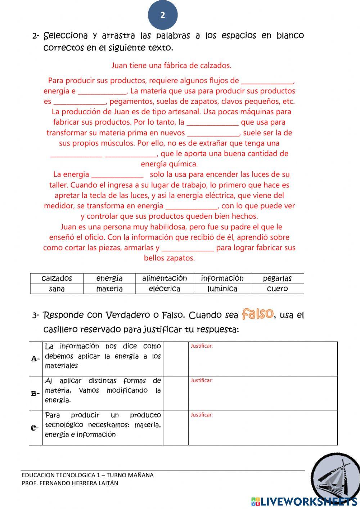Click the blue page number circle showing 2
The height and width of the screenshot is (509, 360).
click(x=163, y=15)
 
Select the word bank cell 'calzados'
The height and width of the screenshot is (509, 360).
click(x=57, y=278)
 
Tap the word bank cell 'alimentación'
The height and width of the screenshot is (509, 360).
click(x=165, y=278)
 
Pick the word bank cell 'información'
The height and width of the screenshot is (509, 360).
click(x=222, y=278)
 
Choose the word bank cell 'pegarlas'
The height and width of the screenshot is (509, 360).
click(x=277, y=278)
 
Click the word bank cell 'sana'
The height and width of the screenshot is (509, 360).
click(x=57, y=289)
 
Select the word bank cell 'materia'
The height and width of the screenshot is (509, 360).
click(x=109, y=289)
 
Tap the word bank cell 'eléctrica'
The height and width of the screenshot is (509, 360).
click(x=165, y=289)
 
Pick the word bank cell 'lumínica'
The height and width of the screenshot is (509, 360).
click(x=222, y=289)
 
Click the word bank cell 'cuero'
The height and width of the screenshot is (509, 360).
click(x=277, y=289)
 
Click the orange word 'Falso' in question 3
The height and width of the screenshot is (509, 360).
click(x=258, y=314)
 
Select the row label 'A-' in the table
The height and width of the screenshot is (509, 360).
click(x=36, y=359)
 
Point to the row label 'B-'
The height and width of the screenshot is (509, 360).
click(x=36, y=393)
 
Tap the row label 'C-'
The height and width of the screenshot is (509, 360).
click(x=36, y=428)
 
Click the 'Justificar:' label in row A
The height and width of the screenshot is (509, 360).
click(x=202, y=346)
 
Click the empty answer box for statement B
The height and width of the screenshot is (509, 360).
click(x=176, y=393)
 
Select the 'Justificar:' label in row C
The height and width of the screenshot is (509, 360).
click(x=202, y=415)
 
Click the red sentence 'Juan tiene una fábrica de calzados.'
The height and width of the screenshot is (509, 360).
click(x=171, y=66)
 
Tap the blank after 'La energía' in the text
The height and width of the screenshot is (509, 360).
click(x=117, y=175)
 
